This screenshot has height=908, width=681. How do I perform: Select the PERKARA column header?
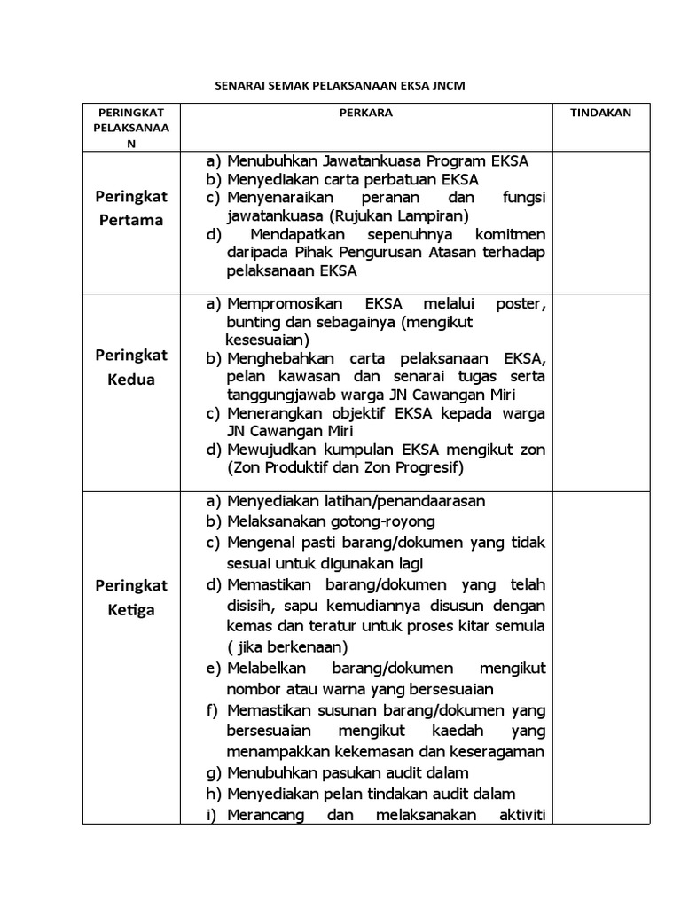pos(366,113)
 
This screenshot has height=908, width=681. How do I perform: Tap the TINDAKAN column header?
pos(600,113)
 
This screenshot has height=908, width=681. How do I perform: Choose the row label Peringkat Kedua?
pos(131,367)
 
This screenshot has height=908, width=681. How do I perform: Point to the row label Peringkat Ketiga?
pos(131,598)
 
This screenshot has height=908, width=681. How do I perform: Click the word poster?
pos(520,304)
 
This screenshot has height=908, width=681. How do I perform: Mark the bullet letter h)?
pos(215,794)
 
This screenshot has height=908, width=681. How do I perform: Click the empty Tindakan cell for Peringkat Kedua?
pos(600,390)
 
